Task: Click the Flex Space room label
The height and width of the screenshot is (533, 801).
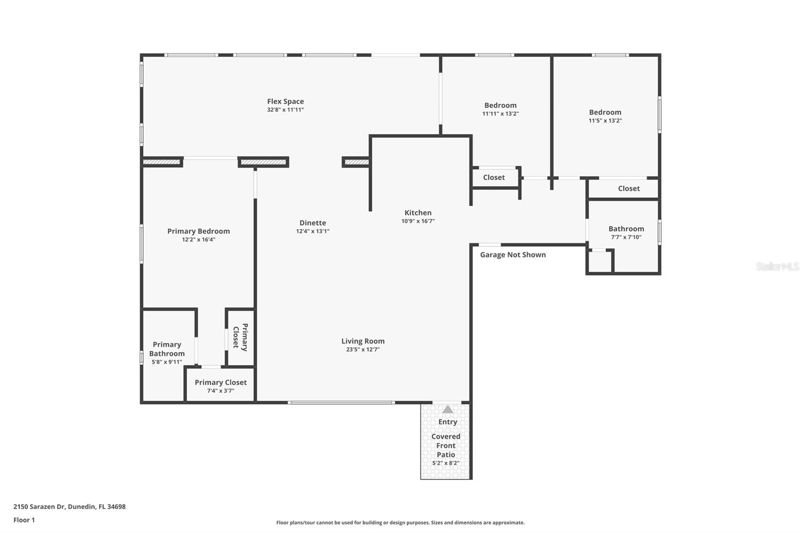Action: point(285,101)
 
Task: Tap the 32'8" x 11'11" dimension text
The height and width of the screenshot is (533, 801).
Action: point(285,110)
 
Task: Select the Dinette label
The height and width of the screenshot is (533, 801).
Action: point(313,223)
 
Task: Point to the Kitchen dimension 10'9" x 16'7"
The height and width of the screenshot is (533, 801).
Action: point(418,221)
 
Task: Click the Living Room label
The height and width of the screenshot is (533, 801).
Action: point(363,341)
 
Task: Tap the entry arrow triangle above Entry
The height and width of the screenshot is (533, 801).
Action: point(448,409)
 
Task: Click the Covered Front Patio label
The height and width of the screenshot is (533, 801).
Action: point(446,445)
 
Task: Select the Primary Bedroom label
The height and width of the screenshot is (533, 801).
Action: point(199,231)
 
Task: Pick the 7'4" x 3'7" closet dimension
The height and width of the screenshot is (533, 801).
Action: point(221,391)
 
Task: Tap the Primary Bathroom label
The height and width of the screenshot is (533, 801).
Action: point(167,349)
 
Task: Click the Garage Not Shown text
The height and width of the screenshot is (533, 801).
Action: point(513,255)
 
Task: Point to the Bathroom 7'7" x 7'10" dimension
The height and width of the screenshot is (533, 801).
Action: point(626,237)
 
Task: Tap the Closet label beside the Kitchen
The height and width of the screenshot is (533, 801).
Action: point(494,177)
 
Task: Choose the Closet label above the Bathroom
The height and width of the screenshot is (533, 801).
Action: point(629,188)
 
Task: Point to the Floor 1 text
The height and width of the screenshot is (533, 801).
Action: point(24,520)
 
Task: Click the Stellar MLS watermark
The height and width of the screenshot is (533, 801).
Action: point(777,267)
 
